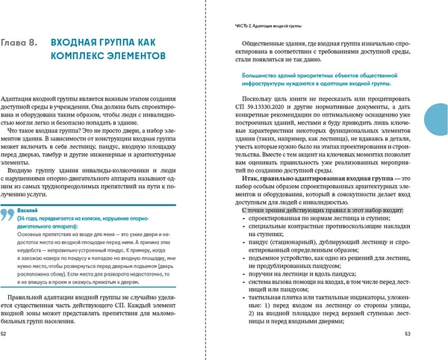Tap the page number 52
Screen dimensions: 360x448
(6, 334)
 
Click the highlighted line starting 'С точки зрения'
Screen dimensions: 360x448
(323, 211)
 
